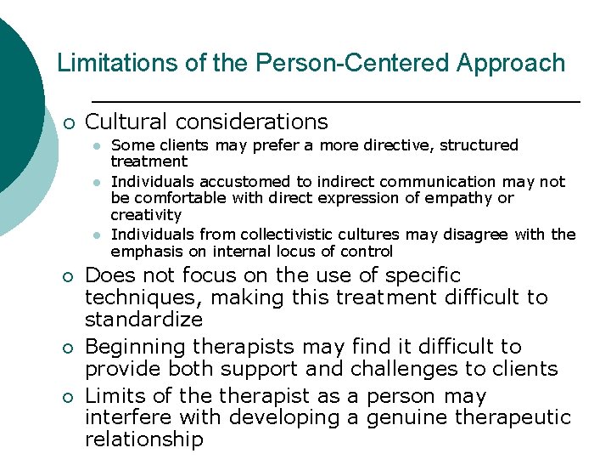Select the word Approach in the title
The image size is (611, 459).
click(x=512, y=63)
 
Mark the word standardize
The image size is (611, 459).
click(x=144, y=320)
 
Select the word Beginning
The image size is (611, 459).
click(x=136, y=348)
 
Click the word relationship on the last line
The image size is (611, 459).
click(x=144, y=439)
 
